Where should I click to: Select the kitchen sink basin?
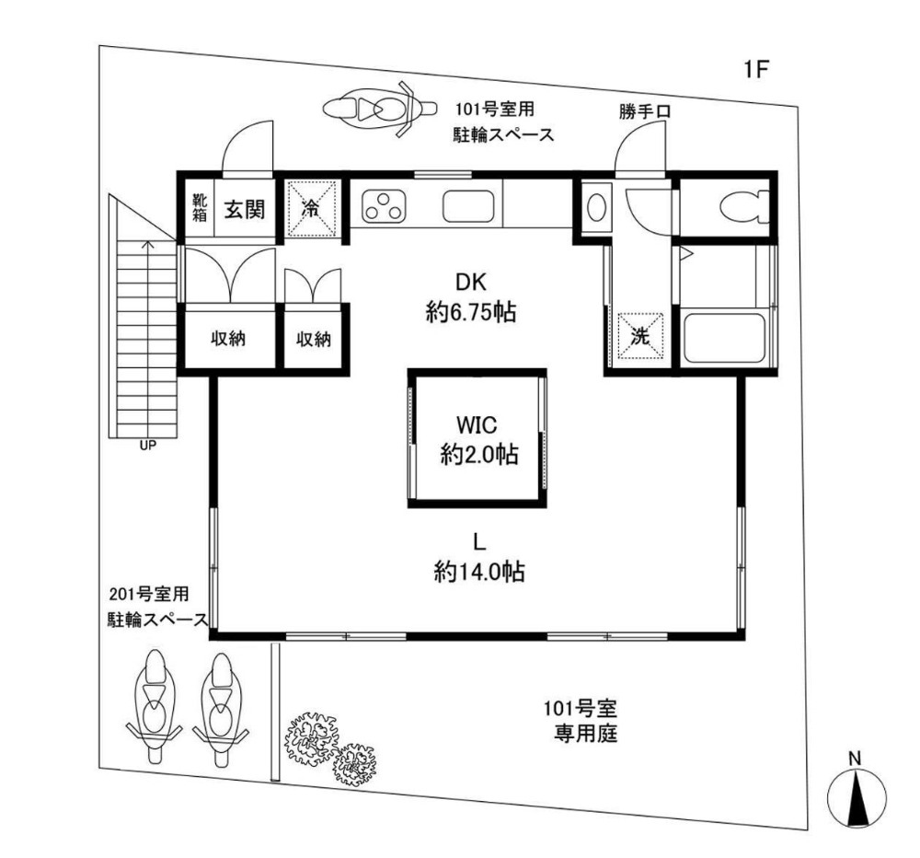[x=469, y=207]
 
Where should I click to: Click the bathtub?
[x=725, y=340]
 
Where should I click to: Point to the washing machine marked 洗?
[x=640, y=336]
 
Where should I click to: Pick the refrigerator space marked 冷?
[x=311, y=208]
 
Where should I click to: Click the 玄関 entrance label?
[x=244, y=208]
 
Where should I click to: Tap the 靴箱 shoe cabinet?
[x=200, y=208]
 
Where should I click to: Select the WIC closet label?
[x=477, y=424]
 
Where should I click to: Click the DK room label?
[x=471, y=283]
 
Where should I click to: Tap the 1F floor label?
[x=756, y=70]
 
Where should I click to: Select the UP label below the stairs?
[x=148, y=446]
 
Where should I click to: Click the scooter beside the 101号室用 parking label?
[x=380, y=109]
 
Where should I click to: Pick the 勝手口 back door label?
[x=644, y=111]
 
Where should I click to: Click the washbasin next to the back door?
[x=597, y=207]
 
